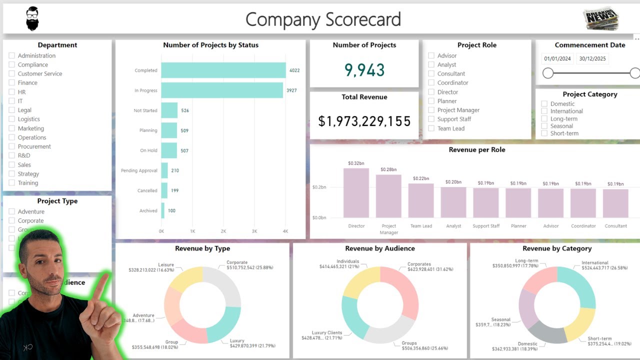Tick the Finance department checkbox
point(12,83)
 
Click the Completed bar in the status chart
point(223,70)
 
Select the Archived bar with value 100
point(163,210)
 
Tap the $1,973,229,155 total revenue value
point(364,121)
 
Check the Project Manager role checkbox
point(431,110)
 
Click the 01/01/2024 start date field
point(557,58)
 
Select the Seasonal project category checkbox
point(544,126)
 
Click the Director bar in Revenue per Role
point(356,192)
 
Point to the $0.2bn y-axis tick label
point(319,187)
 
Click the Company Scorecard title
point(323,19)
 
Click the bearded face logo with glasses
point(32,19)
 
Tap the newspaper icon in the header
point(600,19)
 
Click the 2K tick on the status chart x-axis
point(223,231)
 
